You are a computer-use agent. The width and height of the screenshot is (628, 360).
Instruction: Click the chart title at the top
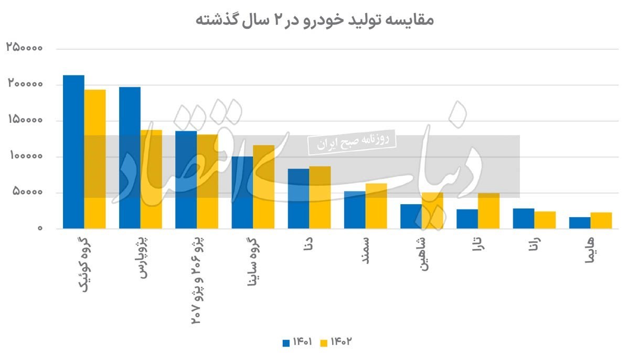click(314, 19)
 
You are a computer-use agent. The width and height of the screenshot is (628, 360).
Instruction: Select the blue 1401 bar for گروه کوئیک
click(73, 152)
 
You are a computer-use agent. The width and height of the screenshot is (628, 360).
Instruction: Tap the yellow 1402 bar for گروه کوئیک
click(95, 159)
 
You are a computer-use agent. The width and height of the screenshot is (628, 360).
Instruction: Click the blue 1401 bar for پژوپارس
click(130, 158)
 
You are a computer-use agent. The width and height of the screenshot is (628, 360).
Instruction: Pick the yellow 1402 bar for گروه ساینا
click(263, 187)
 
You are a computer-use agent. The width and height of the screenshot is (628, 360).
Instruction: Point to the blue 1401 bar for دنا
click(299, 198)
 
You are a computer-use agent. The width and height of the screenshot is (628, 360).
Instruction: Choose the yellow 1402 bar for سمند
click(376, 206)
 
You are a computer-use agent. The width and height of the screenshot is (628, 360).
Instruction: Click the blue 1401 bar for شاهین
click(411, 216)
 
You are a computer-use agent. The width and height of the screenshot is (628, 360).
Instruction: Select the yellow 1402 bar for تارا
click(488, 211)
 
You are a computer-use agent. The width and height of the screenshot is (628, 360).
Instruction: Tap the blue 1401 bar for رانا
click(524, 219)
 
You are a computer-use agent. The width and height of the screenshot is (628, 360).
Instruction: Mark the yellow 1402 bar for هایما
click(601, 220)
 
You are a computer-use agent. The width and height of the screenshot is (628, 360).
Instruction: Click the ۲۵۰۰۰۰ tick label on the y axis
click(25, 47)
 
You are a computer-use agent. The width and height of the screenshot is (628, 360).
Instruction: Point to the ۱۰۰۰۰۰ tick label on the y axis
click(26, 156)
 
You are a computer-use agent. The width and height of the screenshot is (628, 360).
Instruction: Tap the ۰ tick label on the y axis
click(40, 228)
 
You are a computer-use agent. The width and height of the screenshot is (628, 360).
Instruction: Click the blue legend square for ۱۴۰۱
click(286, 343)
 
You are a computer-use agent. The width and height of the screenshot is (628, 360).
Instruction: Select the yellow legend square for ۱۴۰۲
click(324, 343)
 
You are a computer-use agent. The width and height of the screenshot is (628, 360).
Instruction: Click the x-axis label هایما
click(589, 250)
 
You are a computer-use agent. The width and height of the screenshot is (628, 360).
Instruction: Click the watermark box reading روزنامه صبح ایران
click(352, 142)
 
